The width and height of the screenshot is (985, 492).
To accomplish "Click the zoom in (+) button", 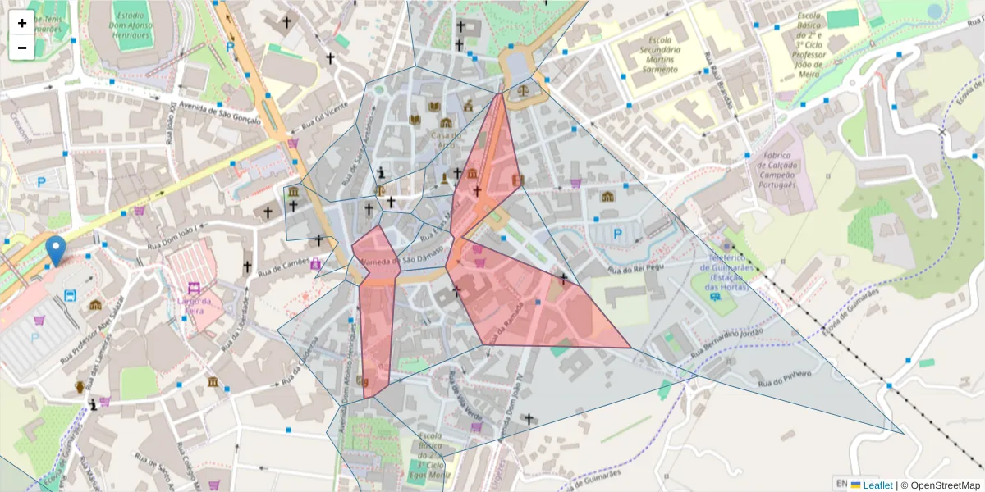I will pyautogui.click(x=22, y=23).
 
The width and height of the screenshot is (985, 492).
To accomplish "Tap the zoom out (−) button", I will pyautogui.click(x=22, y=48).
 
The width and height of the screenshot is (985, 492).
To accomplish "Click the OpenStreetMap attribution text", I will pyautogui.click(x=941, y=485).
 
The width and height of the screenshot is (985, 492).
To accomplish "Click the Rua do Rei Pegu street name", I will pyautogui.click(x=635, y=267).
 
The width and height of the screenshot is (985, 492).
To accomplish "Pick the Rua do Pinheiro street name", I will pyautogui.click(x=784, y=378).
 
